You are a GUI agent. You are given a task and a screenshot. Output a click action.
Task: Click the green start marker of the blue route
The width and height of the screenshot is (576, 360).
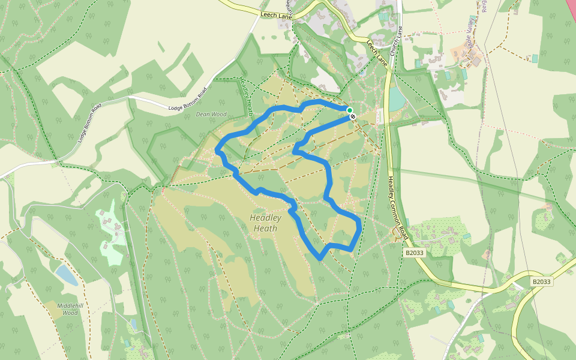[x=349, y=110]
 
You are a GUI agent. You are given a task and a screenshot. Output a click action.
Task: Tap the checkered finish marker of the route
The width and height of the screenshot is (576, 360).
[x=352, y=116]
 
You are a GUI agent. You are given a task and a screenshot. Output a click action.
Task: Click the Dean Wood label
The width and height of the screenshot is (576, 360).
[x=211, y=114]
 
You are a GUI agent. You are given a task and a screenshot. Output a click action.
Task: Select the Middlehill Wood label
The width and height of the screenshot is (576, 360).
[x=68, y=309]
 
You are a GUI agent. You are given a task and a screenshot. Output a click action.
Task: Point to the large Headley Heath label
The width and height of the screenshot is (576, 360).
[x=265, y=223]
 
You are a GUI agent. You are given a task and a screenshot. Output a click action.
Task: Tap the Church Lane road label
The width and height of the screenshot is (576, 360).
[x=394, y=44]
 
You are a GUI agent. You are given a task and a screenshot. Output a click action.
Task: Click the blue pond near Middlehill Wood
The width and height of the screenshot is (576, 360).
[x=67, y=275]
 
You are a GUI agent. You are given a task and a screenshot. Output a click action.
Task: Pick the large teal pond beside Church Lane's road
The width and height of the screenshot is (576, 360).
[x=396, y=99]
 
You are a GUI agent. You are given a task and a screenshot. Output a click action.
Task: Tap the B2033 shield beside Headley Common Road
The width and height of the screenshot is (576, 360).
[x=414, y=253]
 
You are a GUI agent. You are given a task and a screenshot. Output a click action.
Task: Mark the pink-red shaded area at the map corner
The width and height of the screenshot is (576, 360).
[x=571, y=9]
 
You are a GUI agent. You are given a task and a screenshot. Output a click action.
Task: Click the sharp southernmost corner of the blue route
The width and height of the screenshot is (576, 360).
[x=319, y=260]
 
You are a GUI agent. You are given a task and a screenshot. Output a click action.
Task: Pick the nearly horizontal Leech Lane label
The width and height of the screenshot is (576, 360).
[x=276, y=14]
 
